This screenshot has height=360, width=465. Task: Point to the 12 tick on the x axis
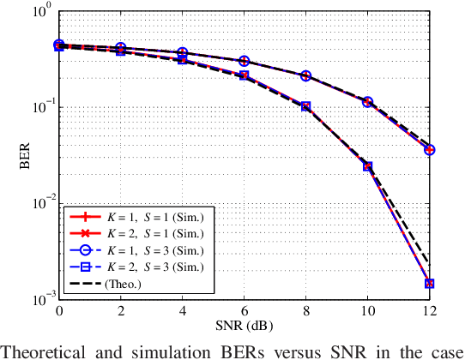(x=429, y=310)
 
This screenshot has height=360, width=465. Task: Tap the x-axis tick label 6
(x=244, y=310)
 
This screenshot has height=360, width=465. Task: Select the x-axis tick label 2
(x=121, y=310)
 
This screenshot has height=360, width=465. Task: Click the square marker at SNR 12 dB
(x=429, y=284)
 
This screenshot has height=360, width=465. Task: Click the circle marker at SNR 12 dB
(x=429, y=150)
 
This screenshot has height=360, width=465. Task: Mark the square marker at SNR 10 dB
(x=368, y=166)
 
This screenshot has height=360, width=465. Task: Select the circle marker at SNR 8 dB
(x=305, y=76)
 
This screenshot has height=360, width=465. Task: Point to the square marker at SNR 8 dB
(x=305, y=107)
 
